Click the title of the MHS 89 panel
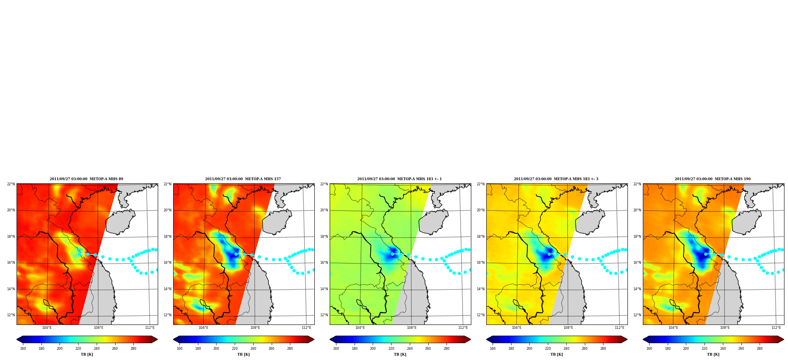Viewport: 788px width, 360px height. point(86,179)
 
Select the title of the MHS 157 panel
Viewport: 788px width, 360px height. point(243,179)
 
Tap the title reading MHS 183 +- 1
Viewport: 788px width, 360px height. point(400,179)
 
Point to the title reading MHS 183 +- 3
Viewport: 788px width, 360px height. point(556,179)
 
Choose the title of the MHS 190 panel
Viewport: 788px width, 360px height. point(713,179)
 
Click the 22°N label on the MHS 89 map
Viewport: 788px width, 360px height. point(11,184)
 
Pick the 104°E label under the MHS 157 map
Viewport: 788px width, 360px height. point(204,328)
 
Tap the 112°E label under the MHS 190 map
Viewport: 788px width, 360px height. point(776,328)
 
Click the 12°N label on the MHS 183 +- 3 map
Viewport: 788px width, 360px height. point(480,315)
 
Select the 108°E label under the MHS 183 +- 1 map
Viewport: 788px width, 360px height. point(412,328)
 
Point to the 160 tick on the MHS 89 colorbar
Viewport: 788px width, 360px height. point(23,349)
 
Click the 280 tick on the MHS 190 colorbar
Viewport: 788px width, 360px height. point(760,349)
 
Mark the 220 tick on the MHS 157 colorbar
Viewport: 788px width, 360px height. point(235,349)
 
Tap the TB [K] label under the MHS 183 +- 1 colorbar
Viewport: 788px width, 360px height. point(400,354)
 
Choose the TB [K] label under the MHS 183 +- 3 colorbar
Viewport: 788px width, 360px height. point(556,354)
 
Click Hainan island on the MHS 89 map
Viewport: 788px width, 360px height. point(121,222)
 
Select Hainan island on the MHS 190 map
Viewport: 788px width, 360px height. point(747,222)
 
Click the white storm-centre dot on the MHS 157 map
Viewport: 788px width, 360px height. point(236,254)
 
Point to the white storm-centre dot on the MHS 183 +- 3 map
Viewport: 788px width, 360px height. point(549,254)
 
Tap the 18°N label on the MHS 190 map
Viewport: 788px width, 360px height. point(637,237)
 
